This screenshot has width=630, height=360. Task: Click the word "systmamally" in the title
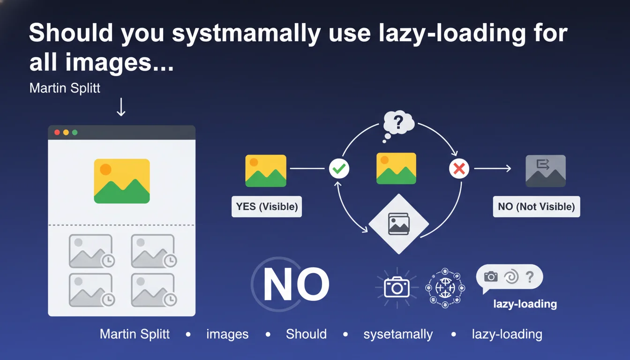tap(247, 34)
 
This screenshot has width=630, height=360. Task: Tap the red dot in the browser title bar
tap(57, 133)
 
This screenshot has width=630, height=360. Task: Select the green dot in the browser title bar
tap(75, 133)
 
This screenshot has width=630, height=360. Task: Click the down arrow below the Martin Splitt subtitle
tap(121, 107)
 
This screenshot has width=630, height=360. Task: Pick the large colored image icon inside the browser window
tap(122, 181)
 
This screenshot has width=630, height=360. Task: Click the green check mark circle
tap(339, 169)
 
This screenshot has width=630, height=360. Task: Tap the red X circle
tap(459, 169)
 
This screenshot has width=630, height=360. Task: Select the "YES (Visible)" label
tap(267, 206)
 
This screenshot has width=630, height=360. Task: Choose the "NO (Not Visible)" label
tap(536, 206)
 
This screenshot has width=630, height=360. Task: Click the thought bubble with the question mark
tap(398, 126)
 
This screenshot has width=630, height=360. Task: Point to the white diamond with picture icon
tap(398, 224)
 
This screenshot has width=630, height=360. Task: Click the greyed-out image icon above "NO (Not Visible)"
tap(546, 171)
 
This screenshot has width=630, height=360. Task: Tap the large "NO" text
tap(296, 284)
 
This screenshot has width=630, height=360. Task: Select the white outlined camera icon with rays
tap(397, 287)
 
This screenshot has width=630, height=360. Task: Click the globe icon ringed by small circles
tap(445, 288)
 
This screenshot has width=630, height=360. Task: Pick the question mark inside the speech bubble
tap(530, 277)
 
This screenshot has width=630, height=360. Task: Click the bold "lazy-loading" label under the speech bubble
tap(525, 304)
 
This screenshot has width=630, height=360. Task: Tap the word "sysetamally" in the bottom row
tap(398, 334)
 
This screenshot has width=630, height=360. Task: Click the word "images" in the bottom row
tap(227, 334)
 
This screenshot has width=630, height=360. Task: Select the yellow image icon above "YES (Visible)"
tap(266, 171)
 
